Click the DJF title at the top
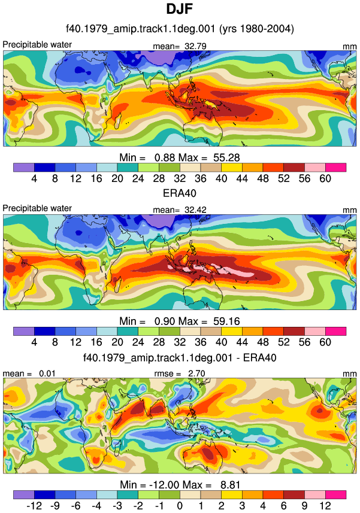pyautogui.click(x=179, y=9)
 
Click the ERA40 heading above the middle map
pyautogui.click(x=180, y=193)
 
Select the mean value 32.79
pyautogui.click(x=195, y=46)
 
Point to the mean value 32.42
pyautogui.click(x=195, y=210)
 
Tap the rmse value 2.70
pyautogui.click(x=196, y=374)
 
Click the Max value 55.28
pyautogui.click(x=227, y=157)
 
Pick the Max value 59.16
pyautogui.click(x=227, y=321)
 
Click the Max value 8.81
pyautogui.click(x=231, y=484)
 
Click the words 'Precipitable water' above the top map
pyautogui.click(x=37, y=44)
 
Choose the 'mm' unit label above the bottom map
pyautogui.click(x=350, y=374)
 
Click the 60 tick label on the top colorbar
pyautogui.click(x=325, y=178)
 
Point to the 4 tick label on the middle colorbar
pyautogui.click(x=34, y=342)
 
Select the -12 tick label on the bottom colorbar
pyautogui.click(x=34, y=506)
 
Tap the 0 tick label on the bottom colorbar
pyautogui.click(x=180, y=506)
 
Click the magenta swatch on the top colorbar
pyautogui.click(x=336, y=168)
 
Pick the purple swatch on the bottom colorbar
pyautogui.click(x=24, y=494)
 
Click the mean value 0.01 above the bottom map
pyautogui.click(x=47, y=374)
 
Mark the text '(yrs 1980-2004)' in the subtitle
pyautogui.click(x=256, y=29)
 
